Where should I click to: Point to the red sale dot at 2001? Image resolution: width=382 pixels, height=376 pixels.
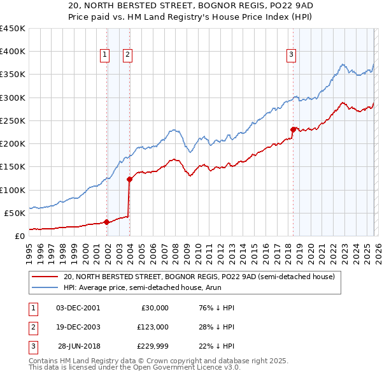pos(107,222)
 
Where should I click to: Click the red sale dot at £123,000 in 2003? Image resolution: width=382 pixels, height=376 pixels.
pos(130,179)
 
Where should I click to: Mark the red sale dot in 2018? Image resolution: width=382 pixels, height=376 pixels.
pos(293,130)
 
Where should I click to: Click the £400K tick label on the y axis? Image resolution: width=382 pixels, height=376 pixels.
pos(13,52)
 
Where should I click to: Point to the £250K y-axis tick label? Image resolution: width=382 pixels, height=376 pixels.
pos(13,120)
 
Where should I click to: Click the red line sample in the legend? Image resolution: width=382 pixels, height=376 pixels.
pos(45,277)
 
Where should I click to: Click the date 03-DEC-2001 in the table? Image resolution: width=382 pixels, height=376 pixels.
pos(78,308)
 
